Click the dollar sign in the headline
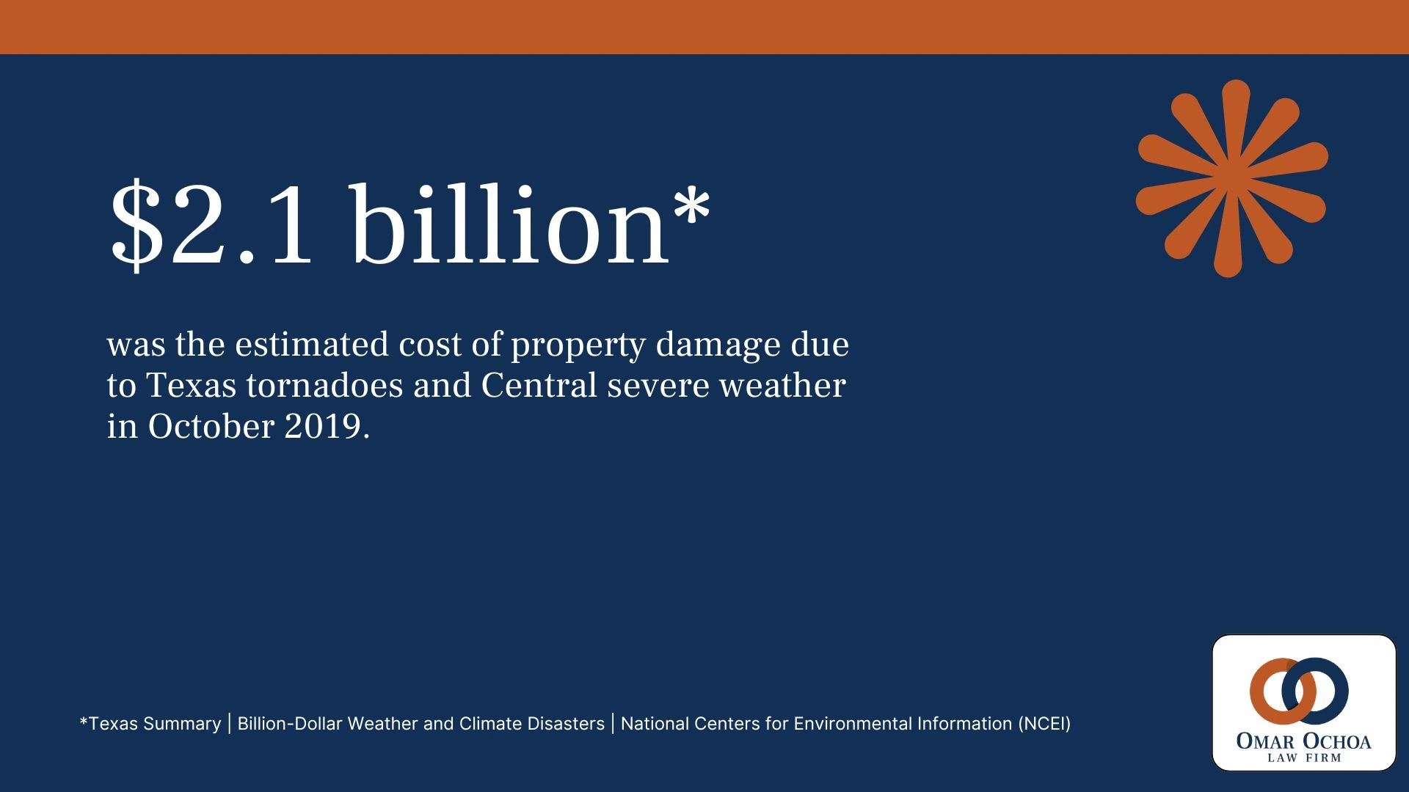pos(136,226)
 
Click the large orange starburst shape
pos(1232,178)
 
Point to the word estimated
pos(312,344)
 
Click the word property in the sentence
pos(578,345)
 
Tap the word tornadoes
pos(325,386)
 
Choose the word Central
pos(539,386)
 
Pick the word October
pos(211,427)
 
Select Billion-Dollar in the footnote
pos(289,724)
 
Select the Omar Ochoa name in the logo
pos(1303,741)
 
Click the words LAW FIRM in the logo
pos(1304,758)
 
